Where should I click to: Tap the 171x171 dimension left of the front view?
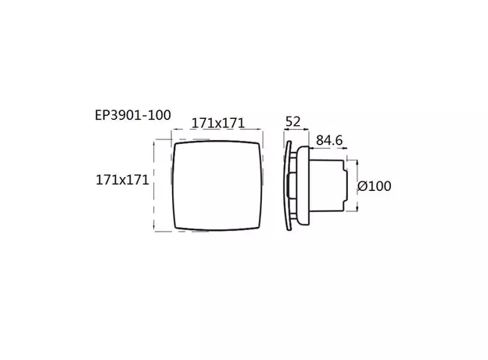pyautogui.click(x=122, y=179)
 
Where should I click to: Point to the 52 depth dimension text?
pyautogui.click(x=293, y=121)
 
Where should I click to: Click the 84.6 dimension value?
pyautogui.click(x=329, y=140)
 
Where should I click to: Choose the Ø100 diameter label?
pyautogui.click(x=374, y=186)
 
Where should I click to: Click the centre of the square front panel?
pyautogui.click(x=216, y=186)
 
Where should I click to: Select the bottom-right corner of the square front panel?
pyautogui.click(x=258, y=229)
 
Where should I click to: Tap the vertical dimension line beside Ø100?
pyautogui.click(x=358, y=186)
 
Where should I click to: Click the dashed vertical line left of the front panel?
pyautogui.click(x=157, y=186)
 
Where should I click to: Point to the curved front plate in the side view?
pyautogui.click(x=287, y=186)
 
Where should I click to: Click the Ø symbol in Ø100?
pyautogui.click(x=361, y=186)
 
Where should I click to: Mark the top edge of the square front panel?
pyautogui.click(x=216, y=142)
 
